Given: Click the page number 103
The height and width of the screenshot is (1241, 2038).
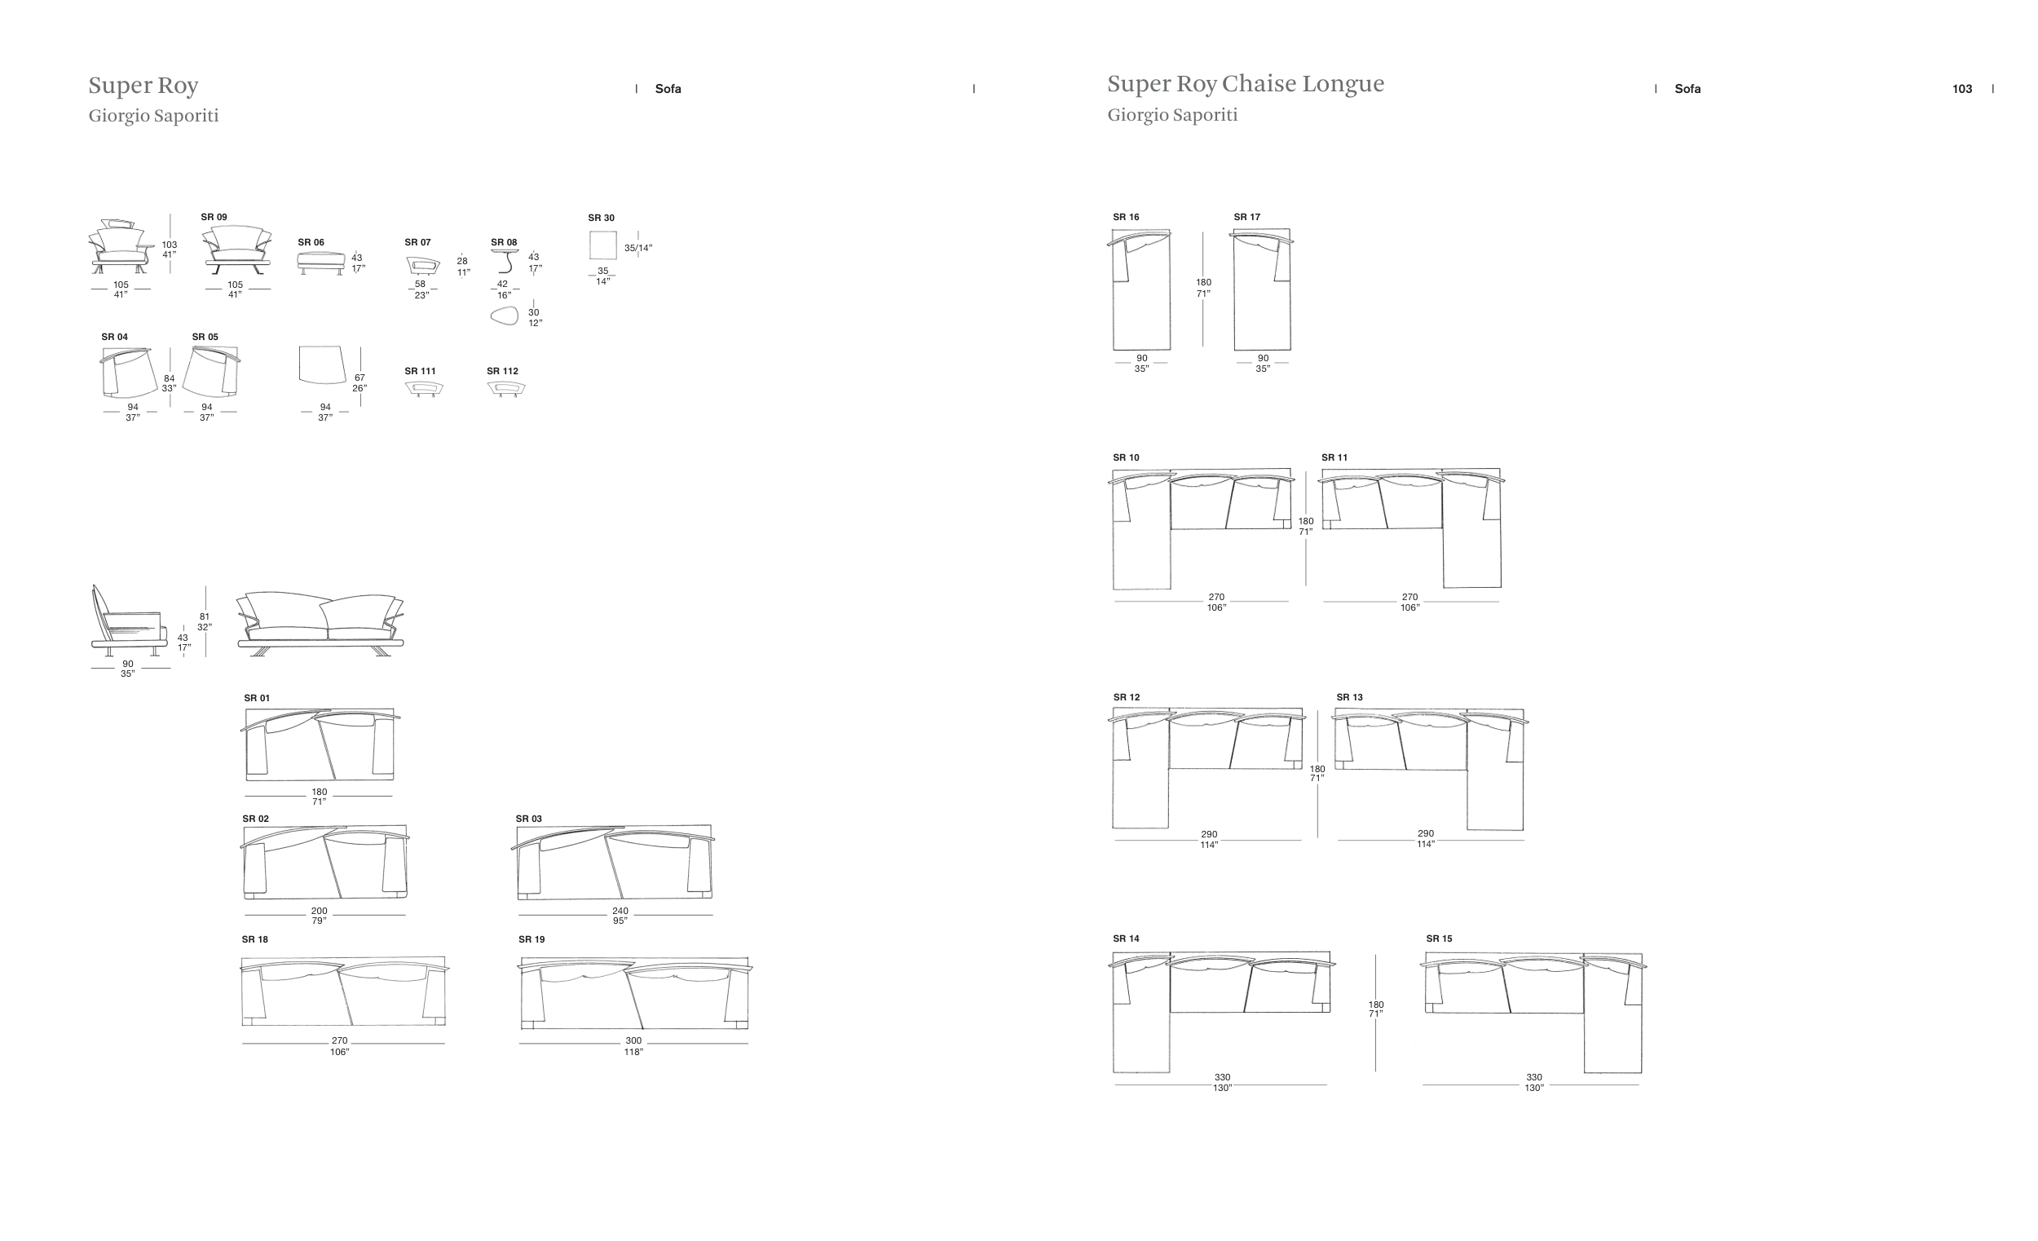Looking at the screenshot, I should click(x=1961, y=89).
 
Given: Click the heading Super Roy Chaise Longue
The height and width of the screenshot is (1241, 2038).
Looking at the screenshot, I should click(x=1245, y=83).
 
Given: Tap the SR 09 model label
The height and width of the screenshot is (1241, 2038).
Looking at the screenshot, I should click(x=214, y=217).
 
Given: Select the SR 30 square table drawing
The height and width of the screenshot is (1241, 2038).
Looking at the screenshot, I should click(x=603, y=245).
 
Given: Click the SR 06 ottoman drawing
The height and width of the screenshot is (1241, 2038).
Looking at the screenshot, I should click(x=321, y=263).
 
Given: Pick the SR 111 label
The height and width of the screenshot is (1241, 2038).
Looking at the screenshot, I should click(x=419, y=371).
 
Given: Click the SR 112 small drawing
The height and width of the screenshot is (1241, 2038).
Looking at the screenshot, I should click(x=505, y=388).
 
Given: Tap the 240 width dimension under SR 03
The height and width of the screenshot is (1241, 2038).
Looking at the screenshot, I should click(x=620, y=911).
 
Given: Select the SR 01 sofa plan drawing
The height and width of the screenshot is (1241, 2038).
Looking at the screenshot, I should click(x=320, y=744).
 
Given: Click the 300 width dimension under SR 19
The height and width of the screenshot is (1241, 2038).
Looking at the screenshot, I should click(x=633, y=1040).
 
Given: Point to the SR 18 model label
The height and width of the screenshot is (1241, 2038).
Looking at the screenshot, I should click(x=254, y=939).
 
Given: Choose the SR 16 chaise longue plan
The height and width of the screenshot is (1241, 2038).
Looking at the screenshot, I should click(x=1140, y=289).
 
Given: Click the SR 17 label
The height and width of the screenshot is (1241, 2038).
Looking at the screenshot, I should click(x=1246, y=217).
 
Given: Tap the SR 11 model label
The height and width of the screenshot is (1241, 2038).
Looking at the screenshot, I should click(x=1334, y=457).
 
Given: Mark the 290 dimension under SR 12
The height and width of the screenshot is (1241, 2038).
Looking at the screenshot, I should click(x=1208, y=835).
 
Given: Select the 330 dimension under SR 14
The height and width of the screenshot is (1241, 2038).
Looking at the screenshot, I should click(x=1222, y=1077).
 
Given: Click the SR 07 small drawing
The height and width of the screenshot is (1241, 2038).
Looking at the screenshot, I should click(x=422, y=265).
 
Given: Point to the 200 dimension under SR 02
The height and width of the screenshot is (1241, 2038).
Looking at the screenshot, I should click(x=320, y=911).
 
